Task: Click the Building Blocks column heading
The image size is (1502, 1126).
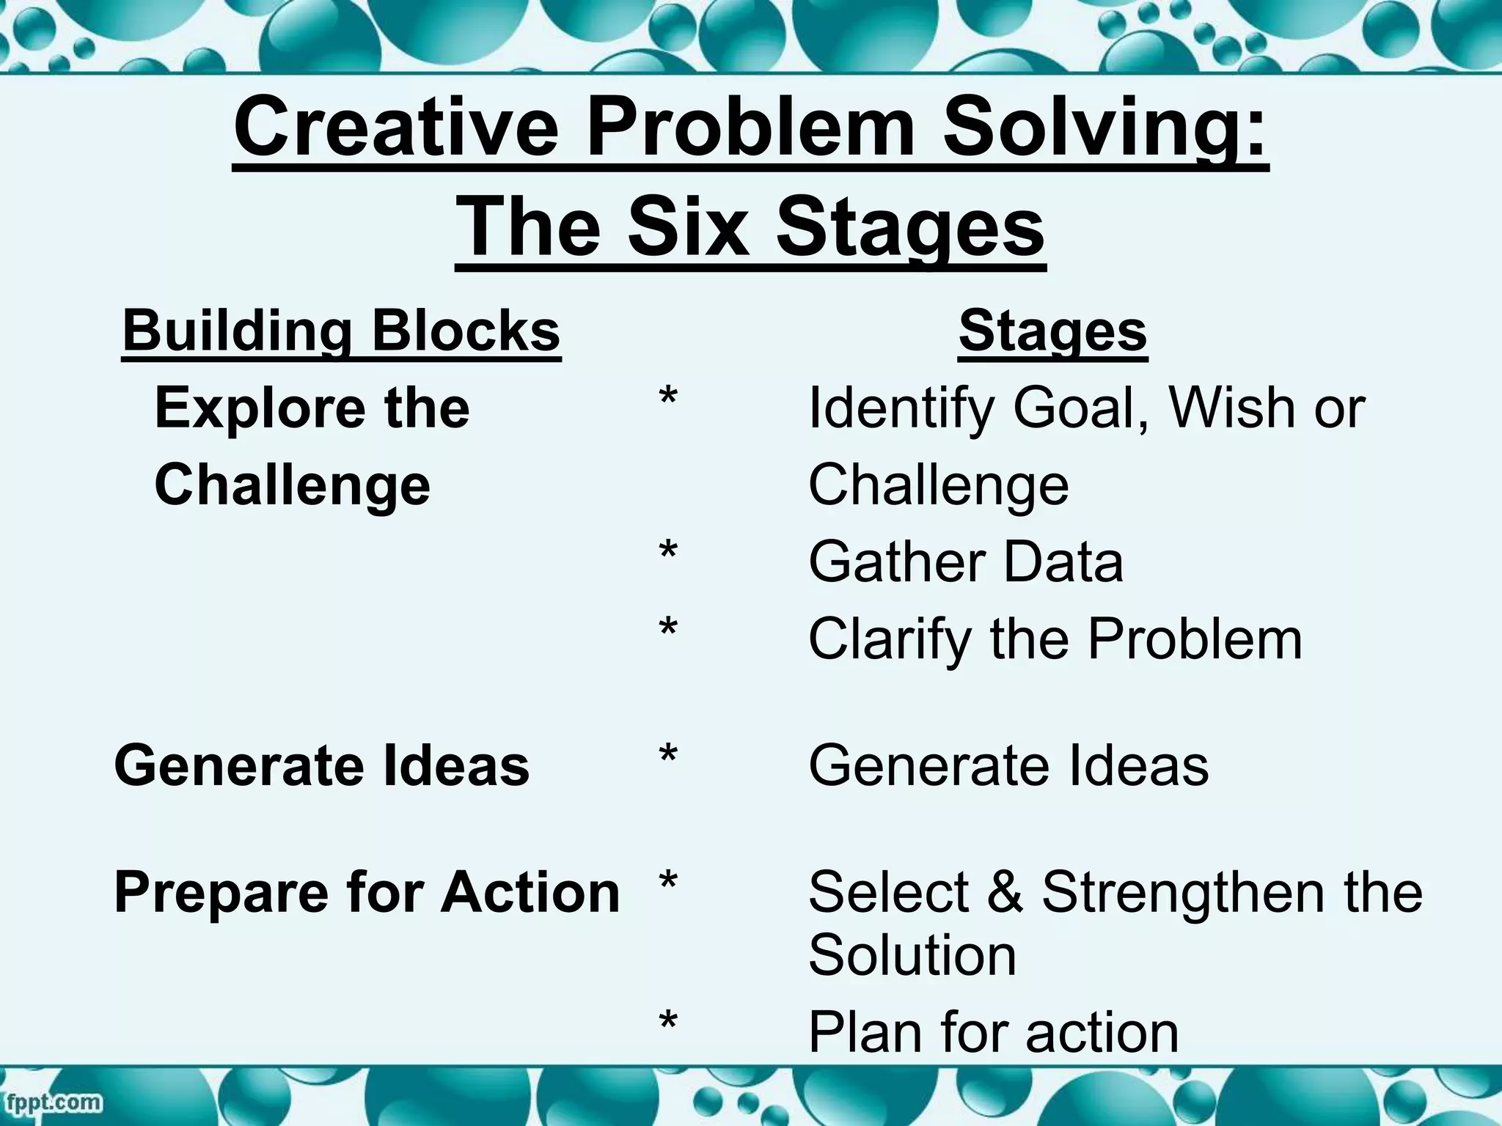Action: pos(341,331)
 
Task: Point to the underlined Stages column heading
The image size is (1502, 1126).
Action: pos(1052,331)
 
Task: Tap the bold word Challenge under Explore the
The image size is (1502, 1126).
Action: pos(292,485)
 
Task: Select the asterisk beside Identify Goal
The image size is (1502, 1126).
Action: pos(667,400)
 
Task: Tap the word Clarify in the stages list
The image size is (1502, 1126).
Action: pos(892,639)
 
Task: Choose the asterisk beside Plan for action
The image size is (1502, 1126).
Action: pos(667,1023)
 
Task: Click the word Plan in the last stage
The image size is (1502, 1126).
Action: pos(865,1032)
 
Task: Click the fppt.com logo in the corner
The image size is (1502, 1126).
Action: pos(52,1102)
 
